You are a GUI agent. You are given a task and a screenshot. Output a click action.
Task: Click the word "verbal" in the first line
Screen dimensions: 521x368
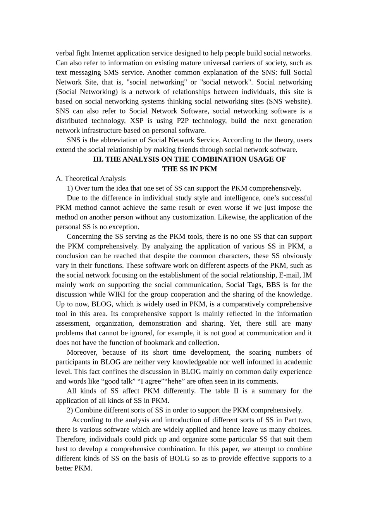tap(65, 53)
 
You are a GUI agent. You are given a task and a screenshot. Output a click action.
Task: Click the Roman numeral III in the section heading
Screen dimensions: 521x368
tap(98, 159)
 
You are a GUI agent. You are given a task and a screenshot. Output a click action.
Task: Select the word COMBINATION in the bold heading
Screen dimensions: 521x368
tap(217, 159)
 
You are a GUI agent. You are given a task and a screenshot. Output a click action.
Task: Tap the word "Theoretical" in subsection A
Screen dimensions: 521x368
tap(80, 179)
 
